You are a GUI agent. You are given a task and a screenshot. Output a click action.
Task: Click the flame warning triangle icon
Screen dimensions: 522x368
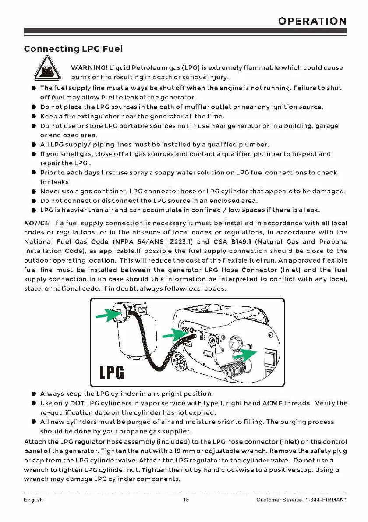tap(45, 70)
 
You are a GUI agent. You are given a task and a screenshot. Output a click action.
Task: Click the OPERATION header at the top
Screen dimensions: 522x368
tap(312, 21)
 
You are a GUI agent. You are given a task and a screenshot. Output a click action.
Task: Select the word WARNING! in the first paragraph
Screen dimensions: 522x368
tap(88, 68)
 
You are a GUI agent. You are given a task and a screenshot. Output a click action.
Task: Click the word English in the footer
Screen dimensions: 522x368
tap(33, 500)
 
